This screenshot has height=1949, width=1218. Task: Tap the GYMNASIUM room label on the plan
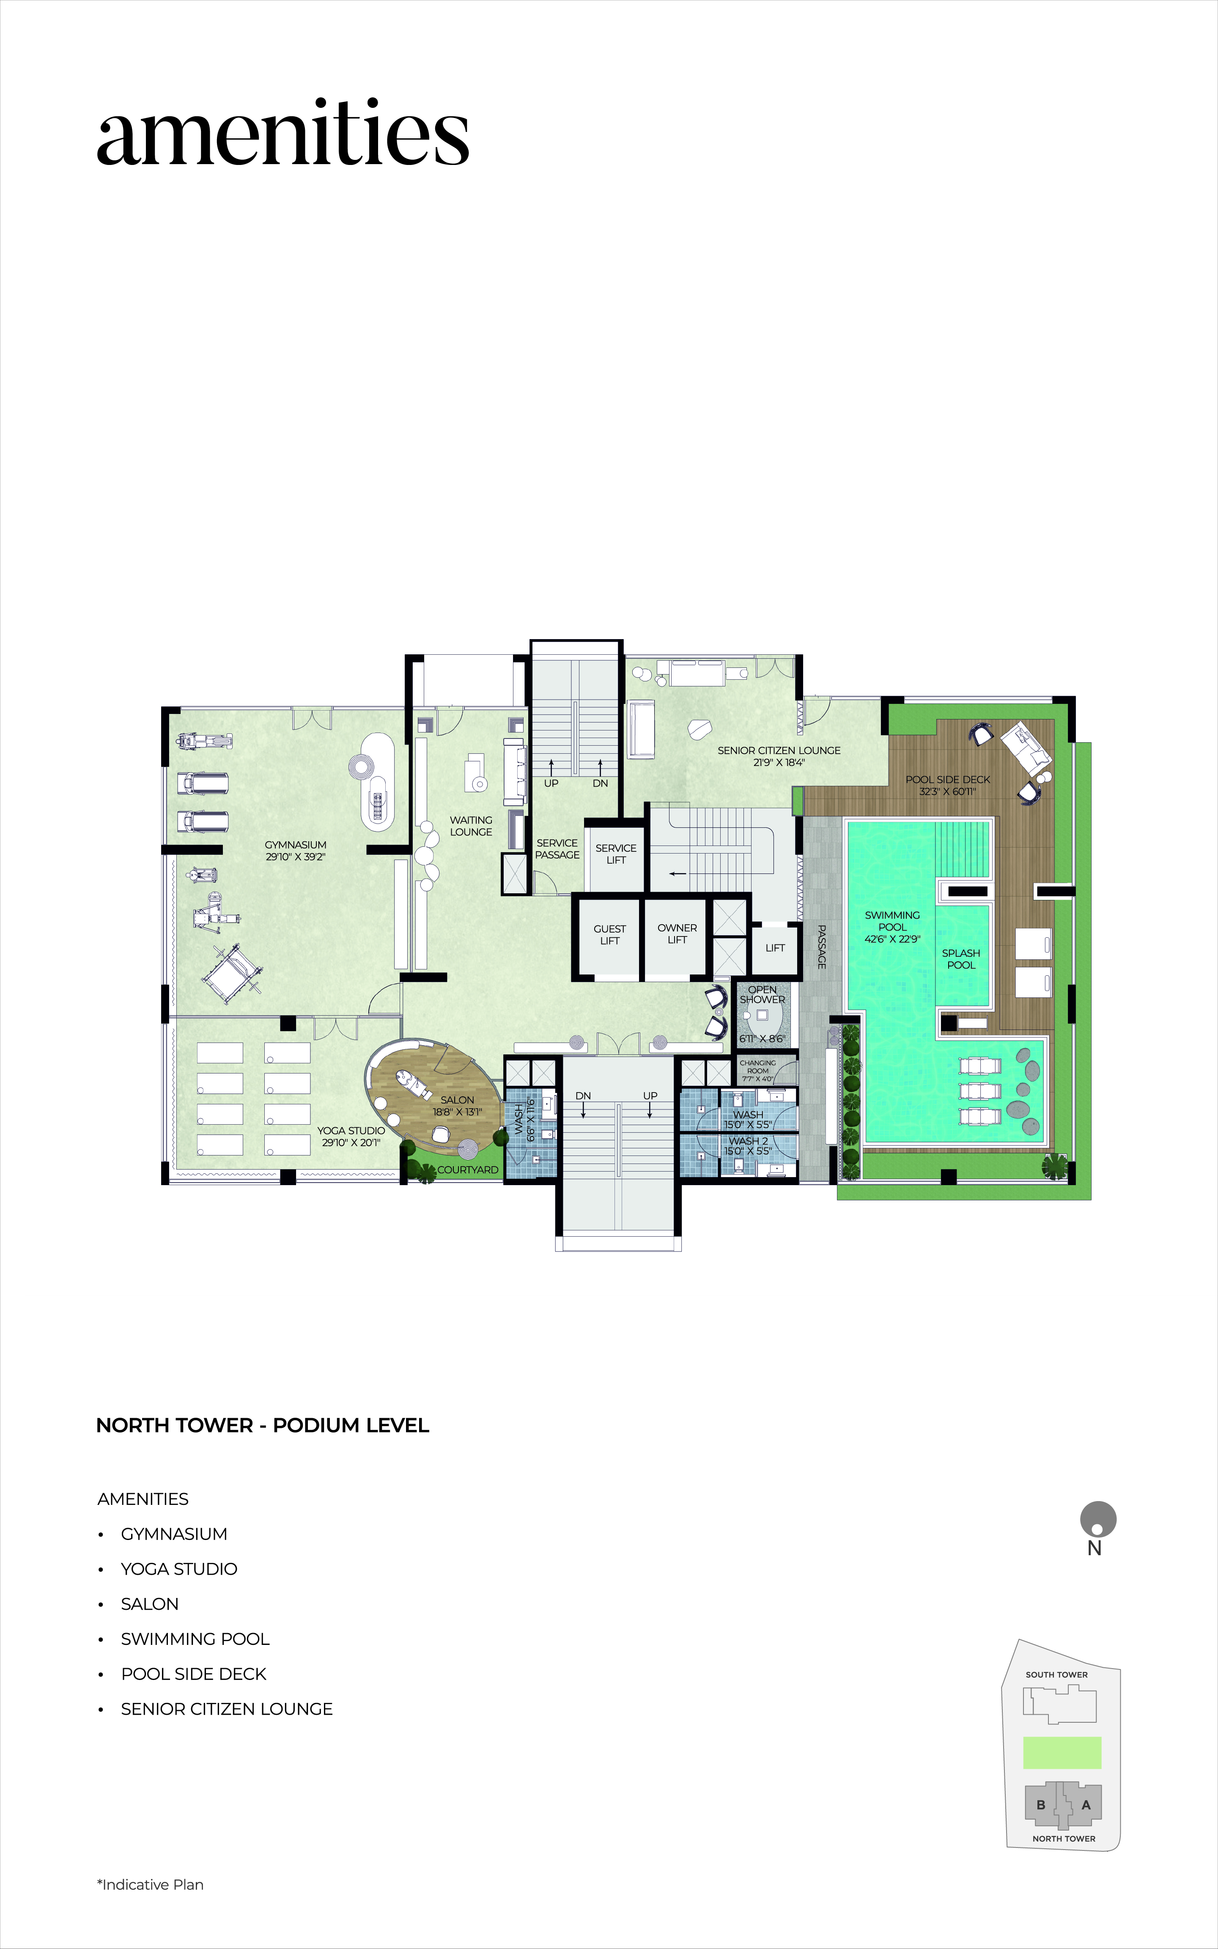(x=296, y=845)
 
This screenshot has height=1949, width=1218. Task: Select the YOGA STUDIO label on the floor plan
(x=351, y=1131)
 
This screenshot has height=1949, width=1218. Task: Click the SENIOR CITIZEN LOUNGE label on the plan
(x=779, y=751)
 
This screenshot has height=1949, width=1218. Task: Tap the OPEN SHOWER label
(x=762, y=995)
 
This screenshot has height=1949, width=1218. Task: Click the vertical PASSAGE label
(x=822, y=947)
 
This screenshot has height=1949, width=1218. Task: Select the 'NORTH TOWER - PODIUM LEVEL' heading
(x=263, y=1425)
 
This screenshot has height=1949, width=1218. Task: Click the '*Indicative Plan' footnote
(x=151, y=1885)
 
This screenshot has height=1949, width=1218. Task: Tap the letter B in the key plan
(x=1041, y=1805)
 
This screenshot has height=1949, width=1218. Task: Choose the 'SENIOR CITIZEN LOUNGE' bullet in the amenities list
(x=226, y=1709)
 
